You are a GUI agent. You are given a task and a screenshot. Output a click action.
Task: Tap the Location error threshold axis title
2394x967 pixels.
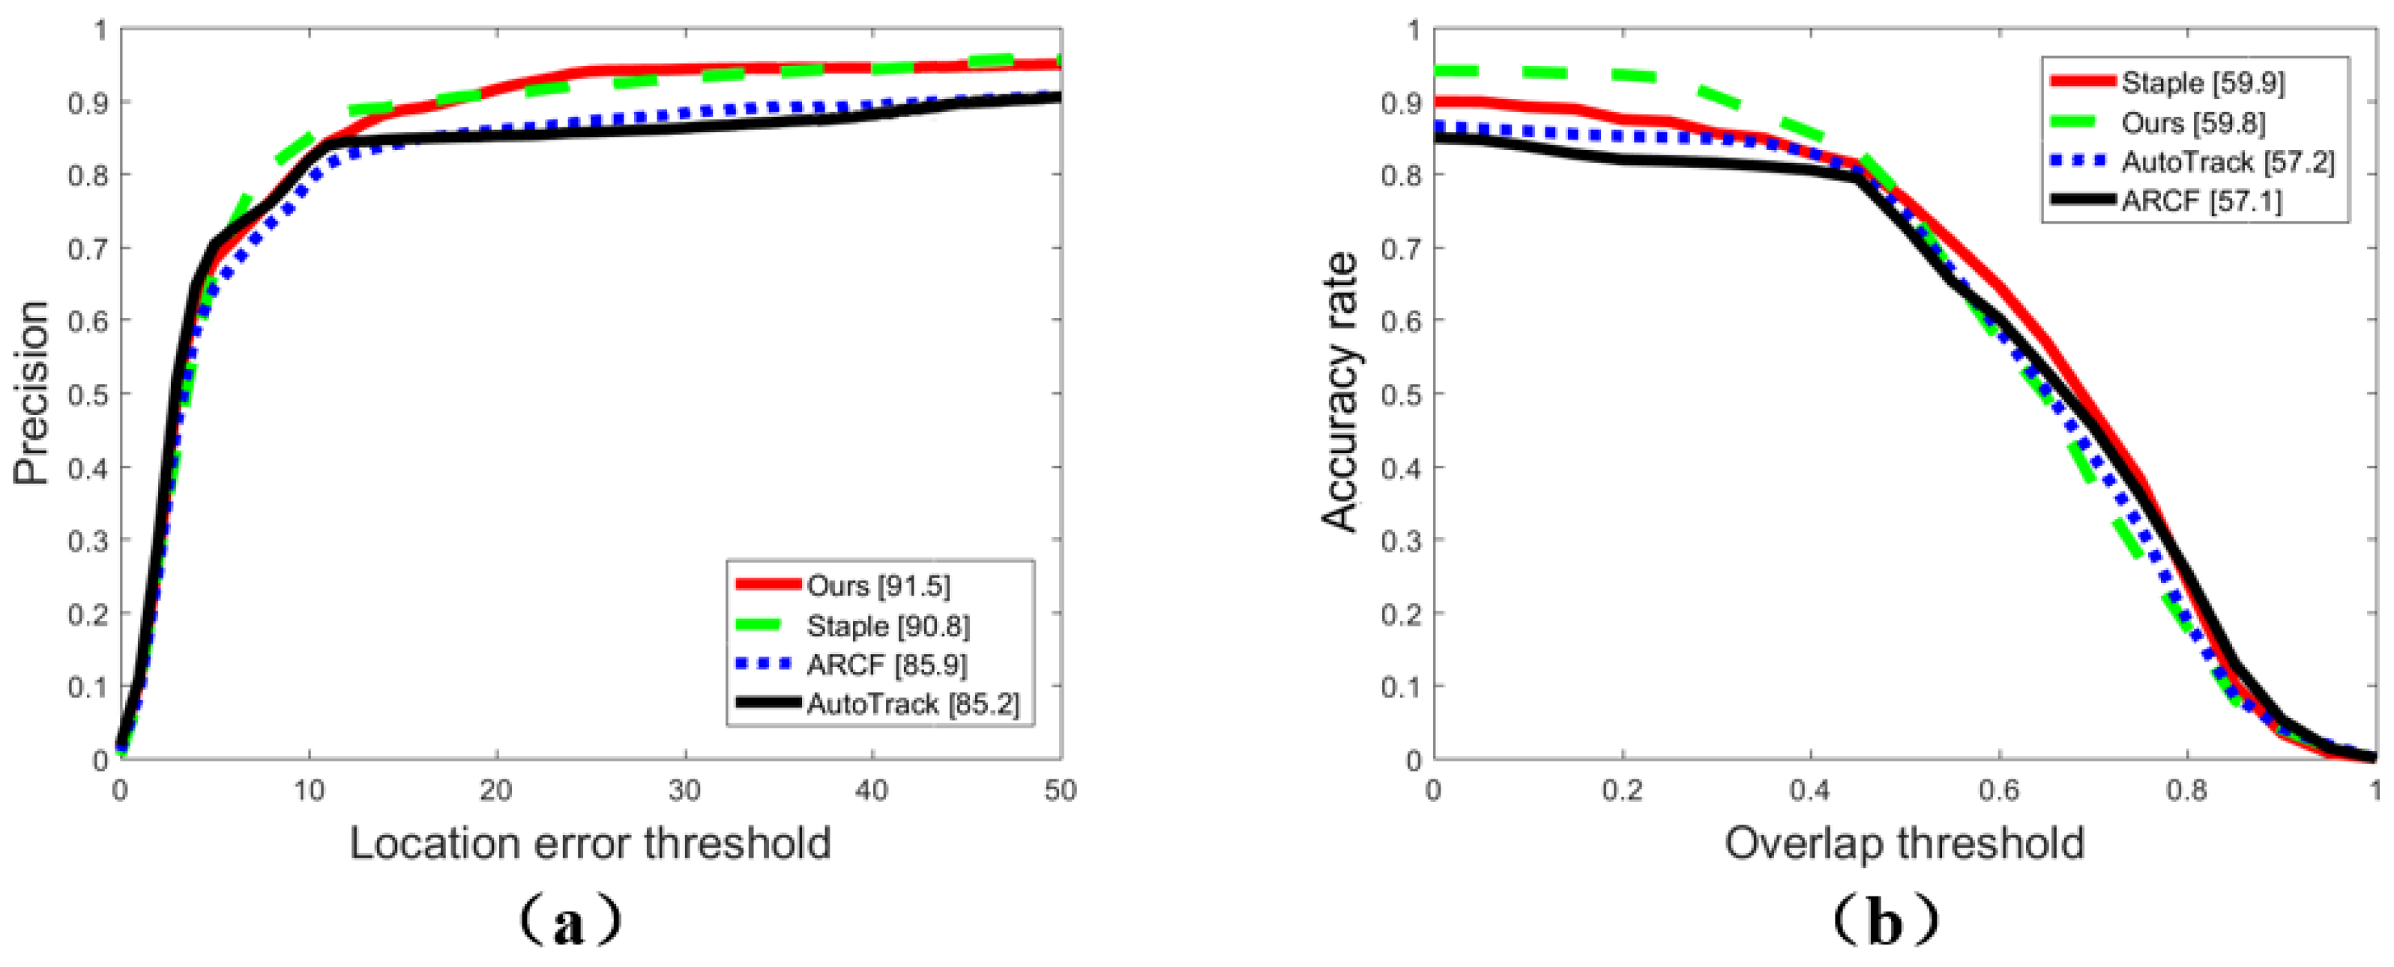point(590,843)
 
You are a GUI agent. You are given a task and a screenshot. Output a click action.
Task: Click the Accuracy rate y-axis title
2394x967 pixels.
point(1340,392)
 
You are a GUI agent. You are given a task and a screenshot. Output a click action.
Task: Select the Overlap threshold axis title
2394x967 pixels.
point(1905,843)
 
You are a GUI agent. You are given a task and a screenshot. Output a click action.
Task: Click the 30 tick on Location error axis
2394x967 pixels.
point(685,791)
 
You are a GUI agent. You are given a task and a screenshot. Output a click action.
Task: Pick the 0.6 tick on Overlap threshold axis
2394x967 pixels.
point(1999,791)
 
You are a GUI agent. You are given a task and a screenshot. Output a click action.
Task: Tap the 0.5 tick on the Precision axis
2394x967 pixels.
point(89,395)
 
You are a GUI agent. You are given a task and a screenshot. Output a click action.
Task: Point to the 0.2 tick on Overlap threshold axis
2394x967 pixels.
point(1623,791)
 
